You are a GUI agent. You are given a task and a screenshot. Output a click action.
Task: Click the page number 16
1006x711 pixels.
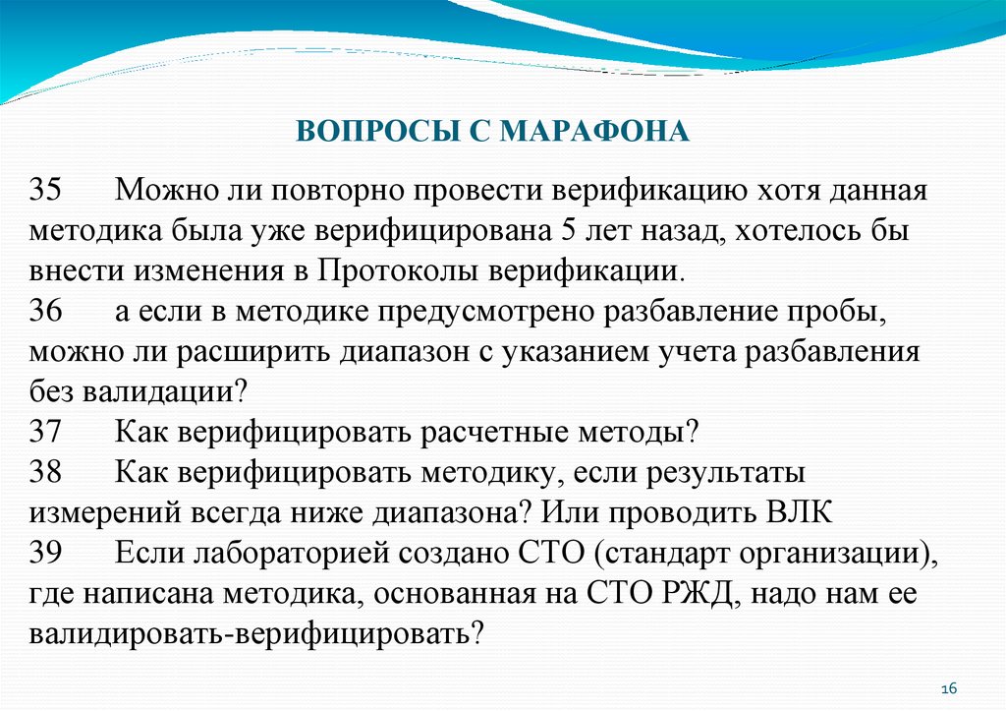tap(949, 687)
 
